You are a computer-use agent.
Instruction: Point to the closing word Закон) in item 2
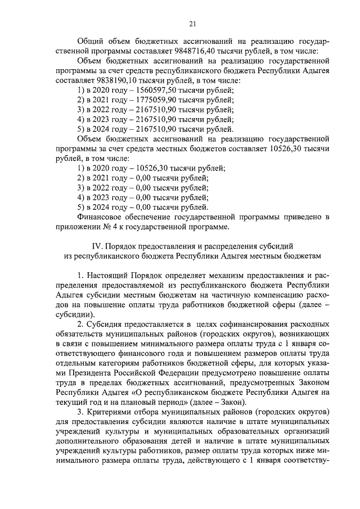[233, 402]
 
